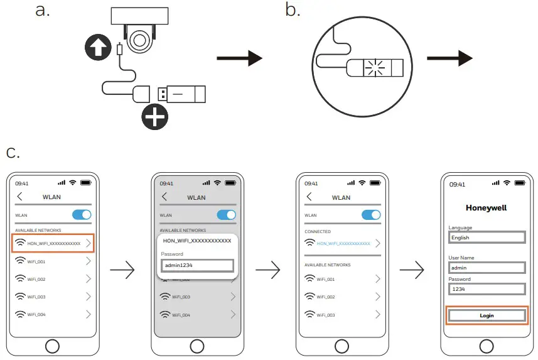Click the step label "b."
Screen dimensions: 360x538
pos(293,11)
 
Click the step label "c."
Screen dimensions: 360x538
pos(13,153)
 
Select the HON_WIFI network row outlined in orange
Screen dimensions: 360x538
pos(53,243)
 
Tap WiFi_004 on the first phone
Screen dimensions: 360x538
pos(53,314)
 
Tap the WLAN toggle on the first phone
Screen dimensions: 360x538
pos(82,215)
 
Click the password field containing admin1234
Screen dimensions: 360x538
pos(197,265)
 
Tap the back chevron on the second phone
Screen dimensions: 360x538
pos(164,197)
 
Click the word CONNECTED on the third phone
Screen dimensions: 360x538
pos(318,232)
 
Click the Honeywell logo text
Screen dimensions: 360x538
pos(486,207)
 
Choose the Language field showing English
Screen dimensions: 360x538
pos(487,237)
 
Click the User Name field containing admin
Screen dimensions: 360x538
pos(487,268)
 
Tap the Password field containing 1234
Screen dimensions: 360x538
pos(487,289)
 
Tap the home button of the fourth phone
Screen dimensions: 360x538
pos(487,345)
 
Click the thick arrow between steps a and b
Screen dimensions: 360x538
pos(239,59)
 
